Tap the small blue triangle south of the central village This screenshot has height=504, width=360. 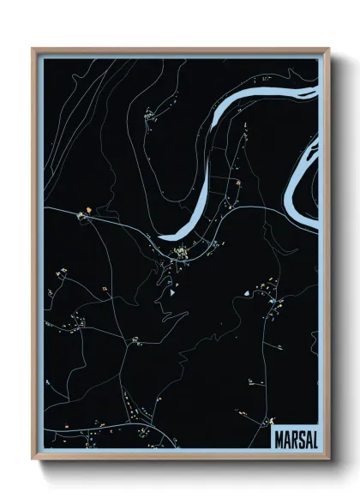(x=171, y=292)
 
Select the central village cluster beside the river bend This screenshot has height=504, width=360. (x=183, y=252)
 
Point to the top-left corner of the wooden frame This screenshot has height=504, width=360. (x=33, y=49)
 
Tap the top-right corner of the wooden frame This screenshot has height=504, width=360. (x=329, y=49)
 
